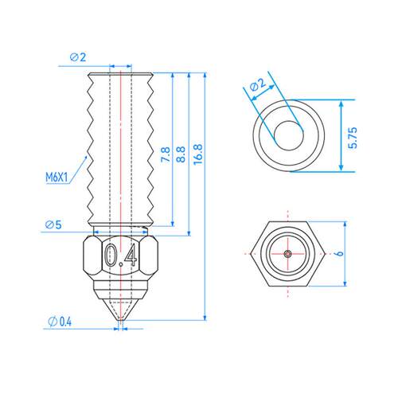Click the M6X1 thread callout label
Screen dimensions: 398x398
click(57, 178)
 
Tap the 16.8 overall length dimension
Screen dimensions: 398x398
click(198, 154)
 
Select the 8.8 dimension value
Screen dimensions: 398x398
click(181, 154)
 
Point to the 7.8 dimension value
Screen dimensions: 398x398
click(165, 154)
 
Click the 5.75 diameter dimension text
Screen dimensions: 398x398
click(353, 138)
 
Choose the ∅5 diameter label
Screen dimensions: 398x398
click(53, 224)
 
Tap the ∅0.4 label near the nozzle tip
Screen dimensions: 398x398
click(60, 322)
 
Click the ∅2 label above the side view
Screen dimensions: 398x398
click(78, 57)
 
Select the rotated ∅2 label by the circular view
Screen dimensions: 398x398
click(258, 84)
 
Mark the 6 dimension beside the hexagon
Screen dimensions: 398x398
click(339, 253)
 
